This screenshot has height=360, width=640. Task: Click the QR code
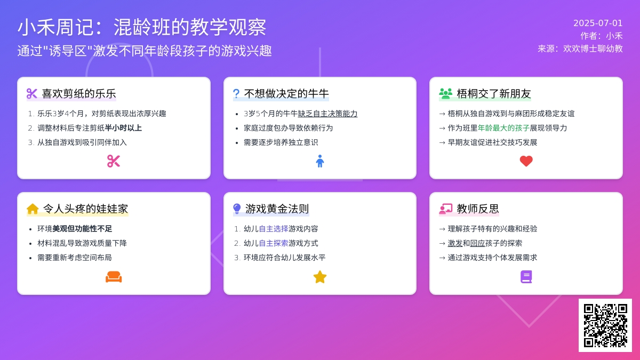[605, 325]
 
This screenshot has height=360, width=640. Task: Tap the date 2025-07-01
[598, 23]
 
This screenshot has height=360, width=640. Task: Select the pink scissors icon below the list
[114, 161]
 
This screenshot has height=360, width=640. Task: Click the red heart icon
[526, 161]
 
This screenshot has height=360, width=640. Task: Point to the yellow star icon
[319, 277]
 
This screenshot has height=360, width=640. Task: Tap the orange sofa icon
[114, 277]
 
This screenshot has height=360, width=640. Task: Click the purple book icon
[526, 277]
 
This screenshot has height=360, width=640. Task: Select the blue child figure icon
[319, 161]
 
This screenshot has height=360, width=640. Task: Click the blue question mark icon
[236, 94]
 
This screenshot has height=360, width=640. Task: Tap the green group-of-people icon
[445, 94]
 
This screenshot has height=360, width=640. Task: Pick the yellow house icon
[33, 209]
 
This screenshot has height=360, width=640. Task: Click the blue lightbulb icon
[237, 209]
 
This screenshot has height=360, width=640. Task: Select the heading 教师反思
[478, 209]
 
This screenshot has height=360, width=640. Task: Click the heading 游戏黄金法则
[277, 209]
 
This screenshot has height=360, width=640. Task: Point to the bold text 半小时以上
[123, 128]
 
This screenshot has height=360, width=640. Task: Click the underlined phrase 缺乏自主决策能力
[327, 114]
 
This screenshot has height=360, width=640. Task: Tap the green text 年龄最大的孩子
[503, 128]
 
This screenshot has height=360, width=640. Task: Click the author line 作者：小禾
[602, 36]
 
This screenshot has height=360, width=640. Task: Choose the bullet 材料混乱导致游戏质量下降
[82, 243]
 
